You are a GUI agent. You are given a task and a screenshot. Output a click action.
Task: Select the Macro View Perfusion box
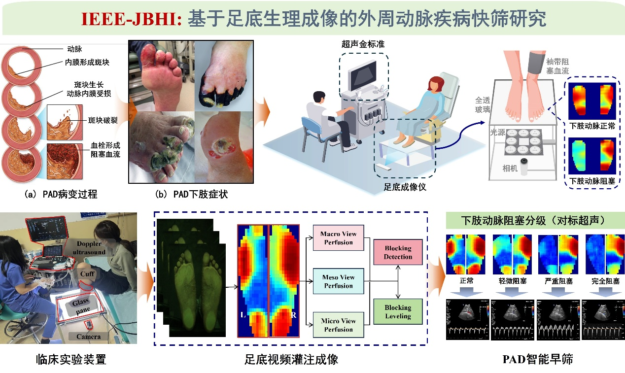[338, 238]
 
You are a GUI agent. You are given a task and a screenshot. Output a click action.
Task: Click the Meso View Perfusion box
[338, 281]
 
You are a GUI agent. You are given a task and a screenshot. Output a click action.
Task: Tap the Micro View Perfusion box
[338, 325]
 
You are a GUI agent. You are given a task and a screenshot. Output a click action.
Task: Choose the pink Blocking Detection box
[398, 252]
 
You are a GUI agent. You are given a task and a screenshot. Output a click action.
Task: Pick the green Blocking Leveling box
[398, 311]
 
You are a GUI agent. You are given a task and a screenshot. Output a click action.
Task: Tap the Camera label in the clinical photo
[88, 337]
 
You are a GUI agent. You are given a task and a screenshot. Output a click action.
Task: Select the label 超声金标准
[363, 44]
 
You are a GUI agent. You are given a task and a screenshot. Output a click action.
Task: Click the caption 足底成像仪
[405, 187]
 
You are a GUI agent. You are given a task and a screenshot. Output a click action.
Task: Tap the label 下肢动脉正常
[592, 126]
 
